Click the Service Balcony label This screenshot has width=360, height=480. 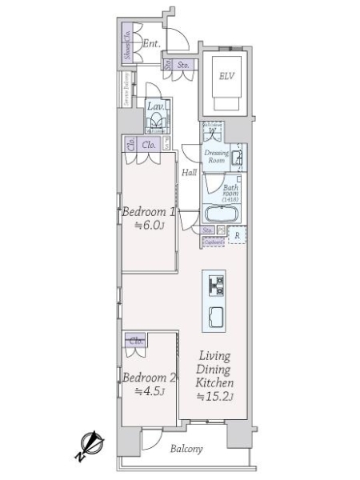point(126,90)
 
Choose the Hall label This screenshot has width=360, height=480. point(189,172)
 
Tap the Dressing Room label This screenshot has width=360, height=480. point(217,156)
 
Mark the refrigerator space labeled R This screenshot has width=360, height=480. point(237,236)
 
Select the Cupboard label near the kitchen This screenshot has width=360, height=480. point(213,241)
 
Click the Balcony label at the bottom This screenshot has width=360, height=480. point(186,449)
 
